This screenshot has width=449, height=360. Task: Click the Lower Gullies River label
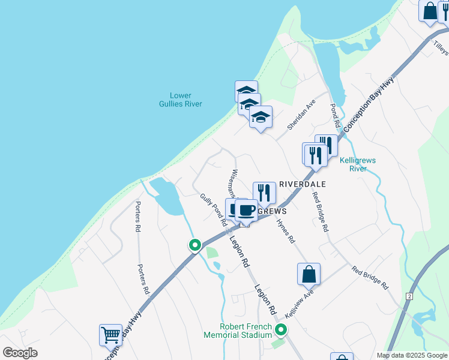pos(185,100)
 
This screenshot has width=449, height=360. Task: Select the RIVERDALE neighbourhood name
pos(302,184)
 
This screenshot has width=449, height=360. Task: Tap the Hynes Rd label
pos(285,230)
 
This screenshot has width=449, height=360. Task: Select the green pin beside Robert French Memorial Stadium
pos(281,329)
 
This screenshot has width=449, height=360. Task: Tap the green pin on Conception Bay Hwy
pos(195,245)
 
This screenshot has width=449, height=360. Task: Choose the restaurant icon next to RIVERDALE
pos(264,192)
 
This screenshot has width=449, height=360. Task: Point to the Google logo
pos(20,352)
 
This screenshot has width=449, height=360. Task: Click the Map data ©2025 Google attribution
pos(411,355)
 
